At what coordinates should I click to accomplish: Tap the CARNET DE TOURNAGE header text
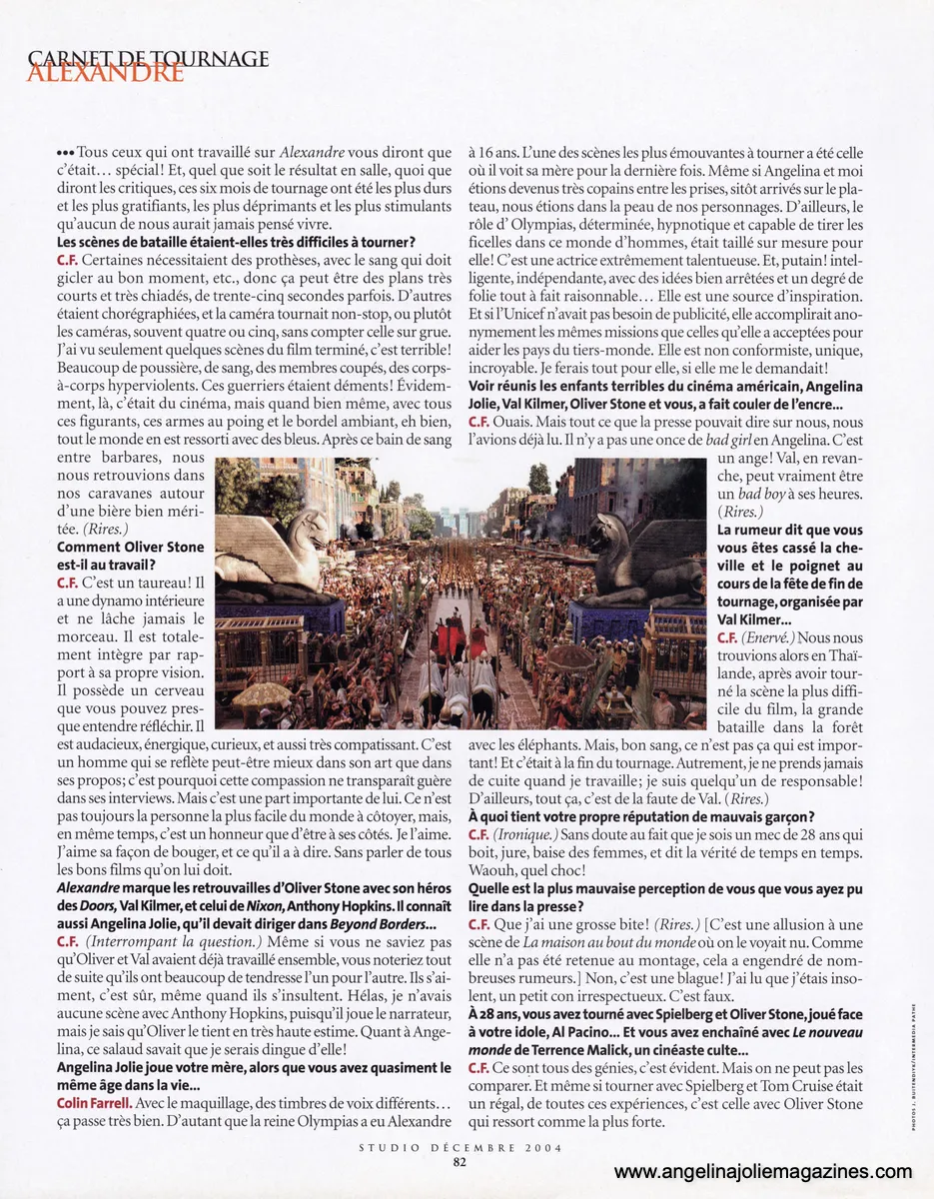pyautogui.click(x=149, y=58)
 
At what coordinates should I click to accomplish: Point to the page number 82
pyautogui.click(x=460, y=1161)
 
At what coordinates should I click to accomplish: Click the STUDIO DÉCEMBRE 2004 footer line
pyautogui.click(x=460, y=1147)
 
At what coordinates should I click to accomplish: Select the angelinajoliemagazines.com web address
pyautogui.click(x=762, y=1172)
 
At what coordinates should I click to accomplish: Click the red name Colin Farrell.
pyautogui.click(x=100, y=1102)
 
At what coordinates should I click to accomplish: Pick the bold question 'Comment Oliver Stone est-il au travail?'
pyautogui.click(x=130, y=556)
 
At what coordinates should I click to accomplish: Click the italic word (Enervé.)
pyautogui.click(x=767, y=637)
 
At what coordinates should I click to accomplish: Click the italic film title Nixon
pyautogui.click(x=225, y=907)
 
